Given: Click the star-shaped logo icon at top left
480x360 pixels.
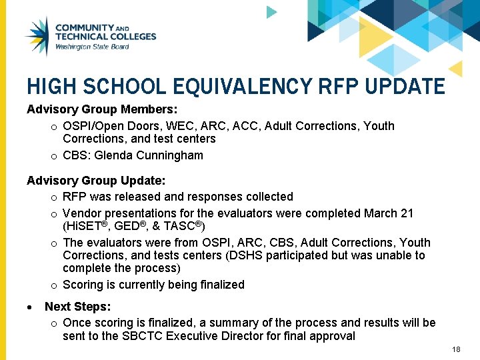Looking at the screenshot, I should click(x=37, y=37).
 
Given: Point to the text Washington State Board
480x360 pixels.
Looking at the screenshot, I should click(x=92, y=47).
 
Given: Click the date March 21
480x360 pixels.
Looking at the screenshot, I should click(x=389, y=213).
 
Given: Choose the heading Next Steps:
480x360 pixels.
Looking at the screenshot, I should click(x=78, y=307).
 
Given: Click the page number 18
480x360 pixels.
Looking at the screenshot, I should click(x=456, y=350).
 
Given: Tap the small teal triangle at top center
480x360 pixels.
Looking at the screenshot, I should click(x=271, y=12).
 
